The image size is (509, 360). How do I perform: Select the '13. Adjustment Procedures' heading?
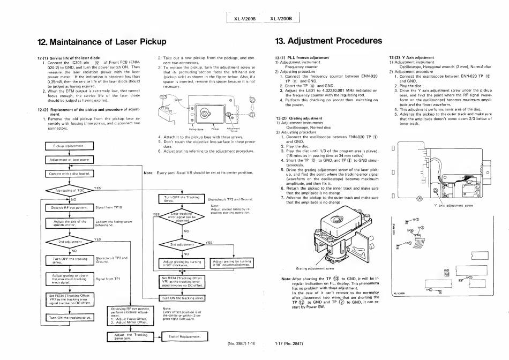[328, 41]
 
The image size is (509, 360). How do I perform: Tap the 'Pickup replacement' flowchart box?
[66, 146]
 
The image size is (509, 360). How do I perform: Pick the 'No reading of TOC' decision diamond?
[66, 190]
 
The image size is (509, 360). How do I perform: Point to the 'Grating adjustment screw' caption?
[315, 267]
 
